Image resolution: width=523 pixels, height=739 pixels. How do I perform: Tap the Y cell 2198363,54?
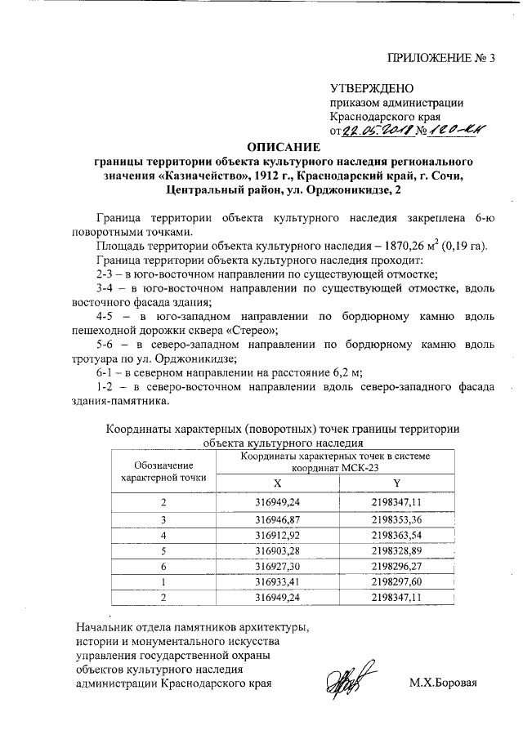pyautogui.click(x=396, y=535)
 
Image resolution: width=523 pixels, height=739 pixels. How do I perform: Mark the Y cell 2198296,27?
pyautogui.click(x=396, y=566)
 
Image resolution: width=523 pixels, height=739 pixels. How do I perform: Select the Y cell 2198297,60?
pyautogui.click(x=396, y=581)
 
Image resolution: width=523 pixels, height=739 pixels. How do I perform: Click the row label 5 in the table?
pyautogui.click(x=163, y=550)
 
